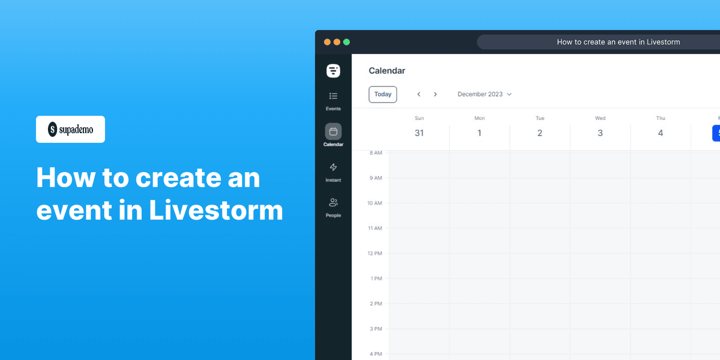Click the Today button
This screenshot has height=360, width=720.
coord(383,94)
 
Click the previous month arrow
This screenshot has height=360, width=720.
coord(419,94)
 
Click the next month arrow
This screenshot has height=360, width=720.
coord(436,94)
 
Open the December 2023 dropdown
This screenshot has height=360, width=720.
coord(484,94)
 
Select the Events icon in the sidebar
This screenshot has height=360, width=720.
coord(333,96)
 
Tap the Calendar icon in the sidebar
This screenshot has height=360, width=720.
coord(333,131)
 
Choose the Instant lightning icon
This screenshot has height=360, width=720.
coord(333,167)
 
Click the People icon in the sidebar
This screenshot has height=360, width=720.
coord(333,203)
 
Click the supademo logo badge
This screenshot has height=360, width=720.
coord(70,129)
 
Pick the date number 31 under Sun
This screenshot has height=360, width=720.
coord(419,133)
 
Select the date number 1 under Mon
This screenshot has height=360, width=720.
coord(479,133)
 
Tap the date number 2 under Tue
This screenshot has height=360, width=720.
coord(540,133)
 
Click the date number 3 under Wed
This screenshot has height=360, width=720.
coord(600,133)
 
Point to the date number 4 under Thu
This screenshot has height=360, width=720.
coord(661,133)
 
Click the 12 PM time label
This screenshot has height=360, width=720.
coord(374,253)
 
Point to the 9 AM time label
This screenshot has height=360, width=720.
coord(376,178)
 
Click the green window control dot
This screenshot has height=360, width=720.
coord(346,42)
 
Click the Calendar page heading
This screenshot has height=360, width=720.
coord(387,71)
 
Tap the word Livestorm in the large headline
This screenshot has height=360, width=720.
coord(216,211)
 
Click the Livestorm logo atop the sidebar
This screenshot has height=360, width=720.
coord(333,71)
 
